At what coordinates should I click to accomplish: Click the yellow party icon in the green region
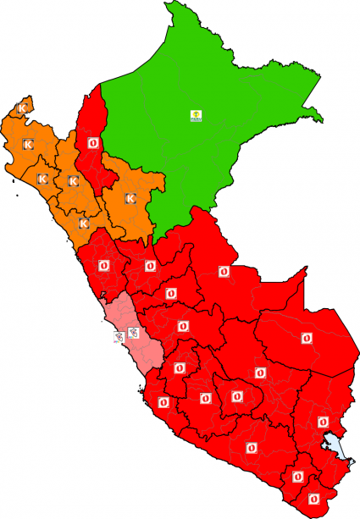(x=196, y=115)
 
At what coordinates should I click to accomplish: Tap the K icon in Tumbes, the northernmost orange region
(x=23, y=108)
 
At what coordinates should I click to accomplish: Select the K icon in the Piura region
(x=28, y=146)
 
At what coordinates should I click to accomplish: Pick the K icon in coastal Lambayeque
(x=42, y=179)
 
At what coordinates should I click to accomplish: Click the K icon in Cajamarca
(x=73, y=181)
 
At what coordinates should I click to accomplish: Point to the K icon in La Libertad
(x=84, y=224)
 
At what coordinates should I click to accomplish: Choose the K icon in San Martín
(x=130, y=198)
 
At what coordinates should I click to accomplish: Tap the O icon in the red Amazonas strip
(x=92, y=143)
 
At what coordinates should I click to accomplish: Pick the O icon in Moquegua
(x=297, y=477)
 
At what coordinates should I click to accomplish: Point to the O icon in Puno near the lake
(x=322, y=421)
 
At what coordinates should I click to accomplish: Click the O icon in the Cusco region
(x=260, y=372)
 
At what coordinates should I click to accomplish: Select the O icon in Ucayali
(x=224, y=271)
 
